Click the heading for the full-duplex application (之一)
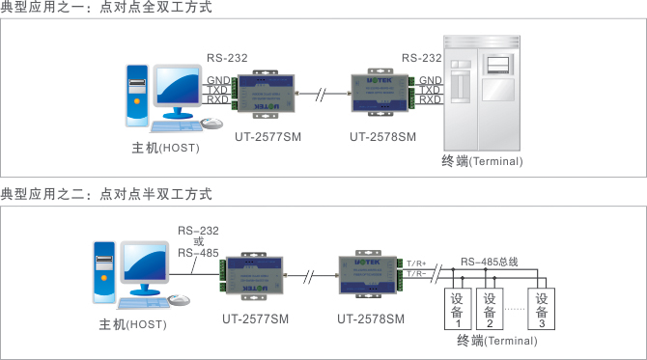(x=106, y=9)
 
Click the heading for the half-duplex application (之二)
(x=106, y=194)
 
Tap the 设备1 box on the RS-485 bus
(x=458, y=309)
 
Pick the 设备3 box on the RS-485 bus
(x=542, y=309)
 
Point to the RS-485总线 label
(x=489, y=262)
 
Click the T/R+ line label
(x=417, y=263)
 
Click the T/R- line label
(x=417, y=274)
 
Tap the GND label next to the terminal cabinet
(x=431, y=80)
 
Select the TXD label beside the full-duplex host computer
(x=217, y=90)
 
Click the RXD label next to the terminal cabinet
(x=431, y=99)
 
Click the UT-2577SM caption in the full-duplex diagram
(x=267, y=137)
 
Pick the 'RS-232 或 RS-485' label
(x=198, y=240)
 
